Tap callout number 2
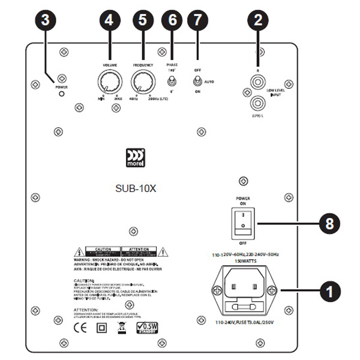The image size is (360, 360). [258, 20]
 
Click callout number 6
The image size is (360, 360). [173, 20]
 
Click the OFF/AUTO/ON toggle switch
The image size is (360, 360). [196, 81]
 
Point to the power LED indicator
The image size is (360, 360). [61, 95]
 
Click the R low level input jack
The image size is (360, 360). [258, 77]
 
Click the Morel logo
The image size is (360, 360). [134, 157]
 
